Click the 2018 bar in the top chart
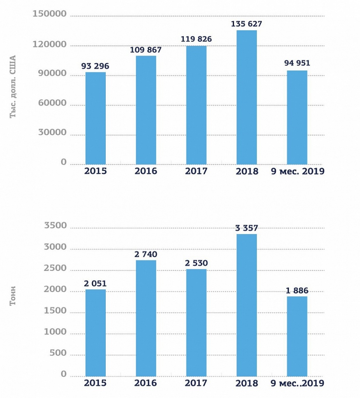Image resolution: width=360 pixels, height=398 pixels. point(246,97)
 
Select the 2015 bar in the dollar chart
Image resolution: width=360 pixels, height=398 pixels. point(96,118)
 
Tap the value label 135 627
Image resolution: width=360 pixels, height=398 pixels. point(246,24)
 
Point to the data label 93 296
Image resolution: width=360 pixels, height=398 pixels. point(95,66)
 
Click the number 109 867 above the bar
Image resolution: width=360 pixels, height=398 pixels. point(146,50)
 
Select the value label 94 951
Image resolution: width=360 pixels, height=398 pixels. point(297,63)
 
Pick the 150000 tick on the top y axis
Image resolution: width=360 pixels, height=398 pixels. point(50,14)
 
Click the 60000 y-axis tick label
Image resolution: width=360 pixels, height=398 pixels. point(52,103)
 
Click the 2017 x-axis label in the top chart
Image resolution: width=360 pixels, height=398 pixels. point(196,171)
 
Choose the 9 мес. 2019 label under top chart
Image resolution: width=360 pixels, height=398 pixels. point(297,171)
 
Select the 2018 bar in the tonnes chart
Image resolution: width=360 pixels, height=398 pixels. point(246,305)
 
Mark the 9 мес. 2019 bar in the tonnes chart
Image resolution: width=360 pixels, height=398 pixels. point(297,336)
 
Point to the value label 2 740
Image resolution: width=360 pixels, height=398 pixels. point(146,254)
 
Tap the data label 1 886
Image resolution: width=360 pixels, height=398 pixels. point(297,291)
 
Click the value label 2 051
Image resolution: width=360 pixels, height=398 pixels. point(95,284)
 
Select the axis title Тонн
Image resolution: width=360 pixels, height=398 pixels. point(13,296)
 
